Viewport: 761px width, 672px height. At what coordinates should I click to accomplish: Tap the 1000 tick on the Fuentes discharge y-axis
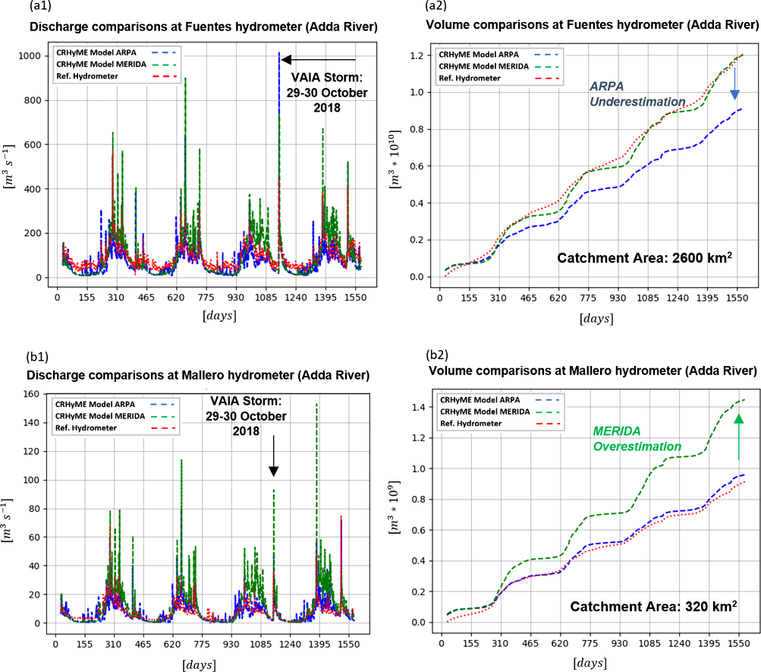pyautogui.click(x=34, y=55)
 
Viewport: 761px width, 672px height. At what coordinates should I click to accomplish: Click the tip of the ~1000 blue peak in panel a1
pyautogui.click(x=279, y=54)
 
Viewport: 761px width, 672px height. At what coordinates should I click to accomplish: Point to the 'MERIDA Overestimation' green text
pyautogui.click(x=637, y=439)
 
